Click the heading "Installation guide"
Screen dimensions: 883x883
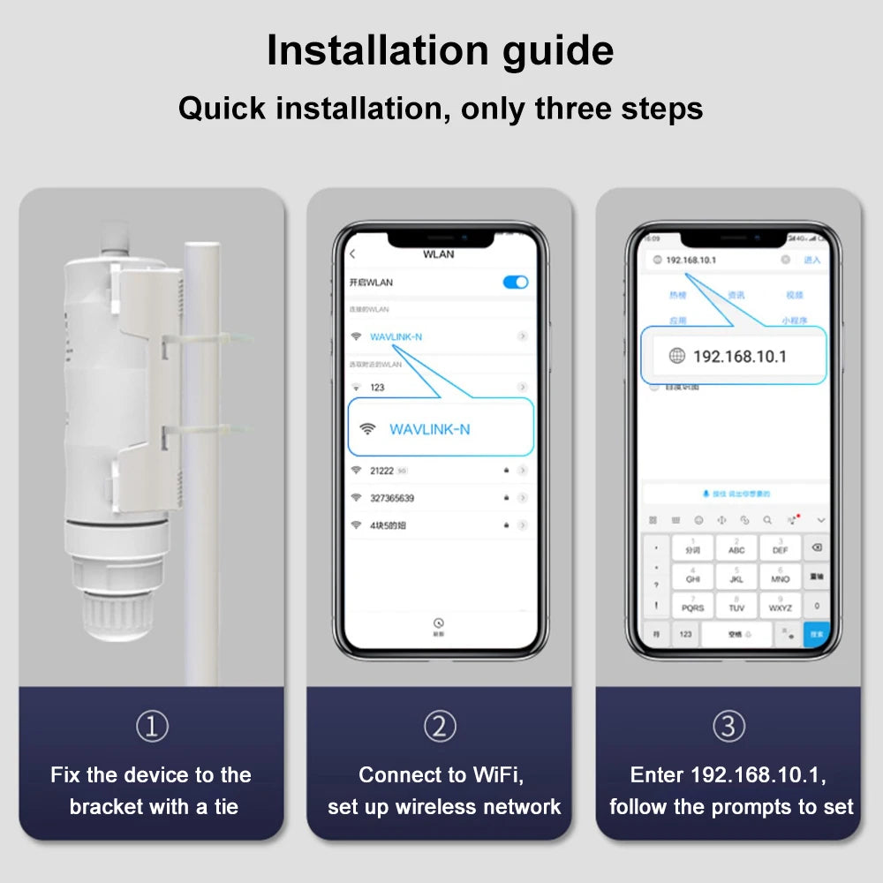[440, 51]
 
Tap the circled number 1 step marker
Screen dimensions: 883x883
[152, 727]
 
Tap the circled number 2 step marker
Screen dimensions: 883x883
[440, 727]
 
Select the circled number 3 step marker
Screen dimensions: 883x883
[728, 727]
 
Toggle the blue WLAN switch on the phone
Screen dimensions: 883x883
[515, 282]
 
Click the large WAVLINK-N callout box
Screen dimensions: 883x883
[441, 428]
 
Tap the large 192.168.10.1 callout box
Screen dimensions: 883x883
[733, 356]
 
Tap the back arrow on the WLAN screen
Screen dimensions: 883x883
[352, 254]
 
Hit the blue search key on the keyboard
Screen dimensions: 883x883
[816, 633]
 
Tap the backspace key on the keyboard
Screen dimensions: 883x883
[816, 547]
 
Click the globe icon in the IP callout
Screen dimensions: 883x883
[676, 356]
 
